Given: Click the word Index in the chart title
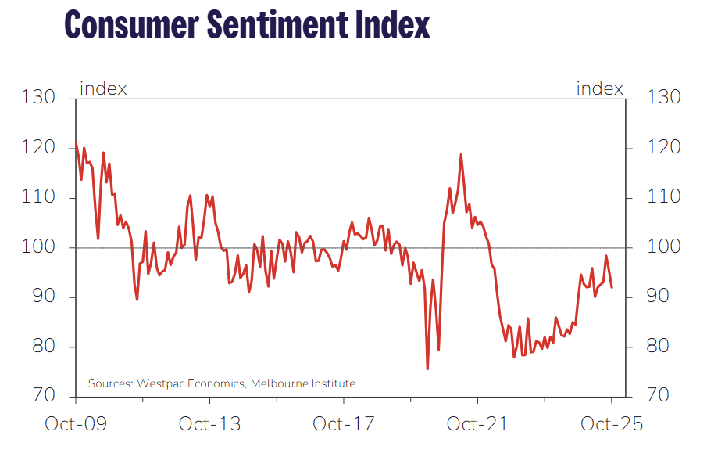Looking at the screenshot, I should tap(390, 24).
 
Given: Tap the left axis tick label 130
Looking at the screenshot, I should tap(38, 98).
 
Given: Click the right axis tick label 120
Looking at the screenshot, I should tap(664, 148).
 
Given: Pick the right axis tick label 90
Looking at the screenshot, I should tap(660, 297).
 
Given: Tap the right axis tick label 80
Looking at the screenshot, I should tap(660, 347).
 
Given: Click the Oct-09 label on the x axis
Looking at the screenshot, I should tap(76, 424).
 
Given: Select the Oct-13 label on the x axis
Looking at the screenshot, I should tap(209, 424).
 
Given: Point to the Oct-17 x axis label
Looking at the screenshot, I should tap(344, 424).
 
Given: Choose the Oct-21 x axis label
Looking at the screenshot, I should tap(477, 424).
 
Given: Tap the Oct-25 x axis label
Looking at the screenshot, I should tap(612, 424).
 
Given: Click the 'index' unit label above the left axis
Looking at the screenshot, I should tap(103, 88).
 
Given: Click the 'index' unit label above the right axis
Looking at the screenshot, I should tap(600, 88).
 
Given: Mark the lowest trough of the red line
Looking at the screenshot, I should tap(427, 369).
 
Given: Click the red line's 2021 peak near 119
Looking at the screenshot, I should tap(461, 155).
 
